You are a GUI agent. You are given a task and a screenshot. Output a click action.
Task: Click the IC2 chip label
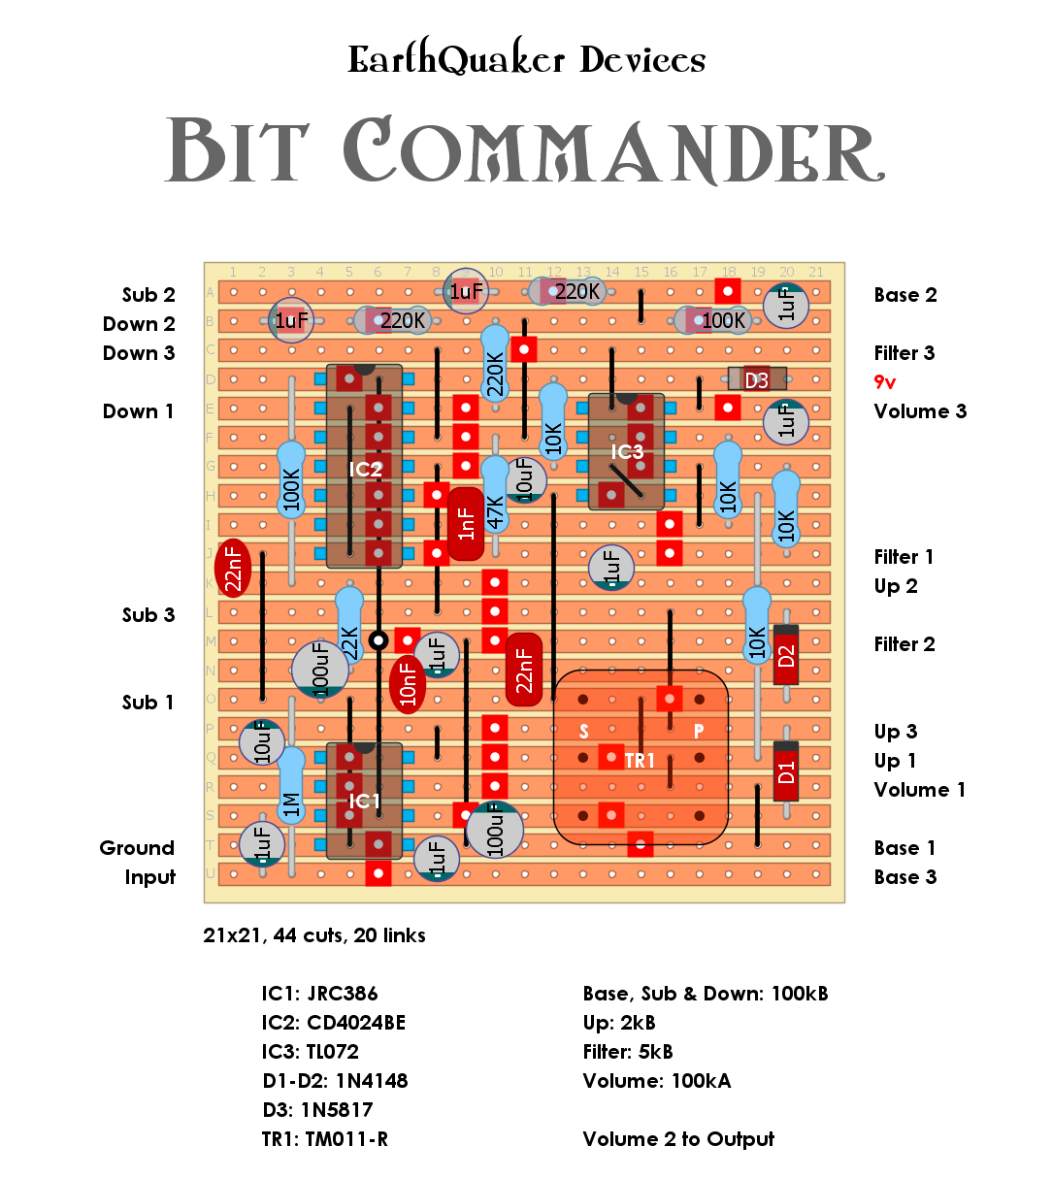[x=365, y=470]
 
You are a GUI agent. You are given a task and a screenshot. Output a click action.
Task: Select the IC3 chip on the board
[x=626, y=452]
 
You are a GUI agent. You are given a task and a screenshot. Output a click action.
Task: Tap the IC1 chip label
[x=365, y=801]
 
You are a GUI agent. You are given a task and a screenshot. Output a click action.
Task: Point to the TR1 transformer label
[x=640, y=761]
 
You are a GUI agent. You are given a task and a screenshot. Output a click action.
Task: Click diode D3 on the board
[x=756, y=379]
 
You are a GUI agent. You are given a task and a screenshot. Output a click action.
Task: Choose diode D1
[x=786, y=771]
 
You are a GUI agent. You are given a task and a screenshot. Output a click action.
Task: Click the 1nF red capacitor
[x=466, y=524]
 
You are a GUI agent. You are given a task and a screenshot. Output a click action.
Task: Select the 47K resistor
[x=495, y=495]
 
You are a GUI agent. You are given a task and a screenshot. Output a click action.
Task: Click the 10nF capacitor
[x=408, y=684]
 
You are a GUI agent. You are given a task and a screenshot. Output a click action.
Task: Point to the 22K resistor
[x=349, y=626]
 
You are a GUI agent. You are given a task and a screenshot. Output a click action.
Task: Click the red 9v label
[x=885, y=382]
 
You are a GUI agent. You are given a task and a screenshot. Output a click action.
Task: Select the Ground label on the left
[x=137, y=848]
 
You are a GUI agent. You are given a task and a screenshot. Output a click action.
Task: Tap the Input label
[x=150, y=877]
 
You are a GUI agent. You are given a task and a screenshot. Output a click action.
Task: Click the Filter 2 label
[x=904, y=644]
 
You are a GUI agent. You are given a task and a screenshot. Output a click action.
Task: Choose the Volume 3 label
[x=920, y=411]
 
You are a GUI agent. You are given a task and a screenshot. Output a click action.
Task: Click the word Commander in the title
[x=613, y=152]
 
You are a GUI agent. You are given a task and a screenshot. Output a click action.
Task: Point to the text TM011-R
[x=346, y=1139]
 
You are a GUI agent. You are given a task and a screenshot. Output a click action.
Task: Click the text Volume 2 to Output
[x=678, y=1139]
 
